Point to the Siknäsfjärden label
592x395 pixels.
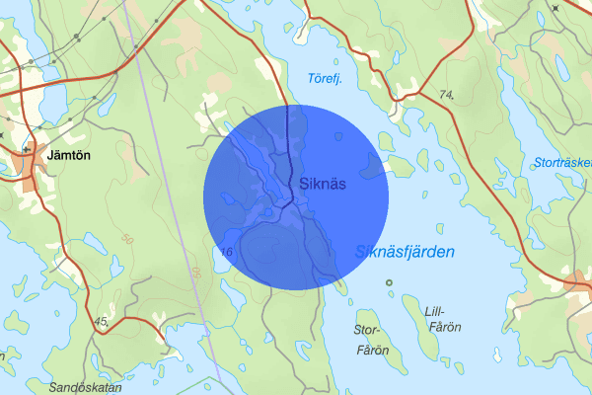pyautogui.click(x=405, y=253)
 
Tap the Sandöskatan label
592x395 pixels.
pyautogui.click(x=85, y=387)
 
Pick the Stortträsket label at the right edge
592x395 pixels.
pyautogui.click(x=562, y=162)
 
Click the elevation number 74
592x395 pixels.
pyautogui.click(x=448, y=95)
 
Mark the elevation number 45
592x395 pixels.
pyautogui.click(x=102, y=320)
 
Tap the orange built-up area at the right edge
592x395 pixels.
pyautogui.click(x=580, y=286)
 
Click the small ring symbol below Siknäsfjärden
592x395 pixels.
pyautogui.click(x=389, y=283)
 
